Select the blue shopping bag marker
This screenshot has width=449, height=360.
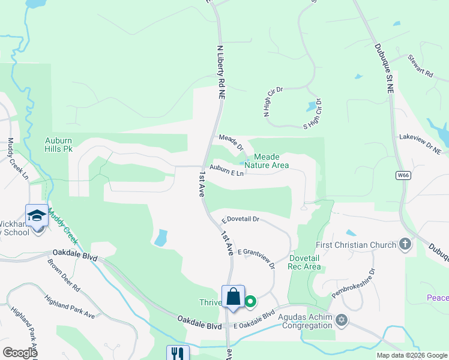pos(233,297)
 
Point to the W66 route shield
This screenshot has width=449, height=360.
pos(403,175)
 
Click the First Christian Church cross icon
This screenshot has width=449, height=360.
pos(406,244)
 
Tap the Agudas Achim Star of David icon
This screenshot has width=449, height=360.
pos(342,319)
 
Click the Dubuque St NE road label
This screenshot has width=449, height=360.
pos(383,67)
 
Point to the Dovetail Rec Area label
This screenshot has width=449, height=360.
pos(304,262)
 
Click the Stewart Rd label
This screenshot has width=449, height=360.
pos(420,67)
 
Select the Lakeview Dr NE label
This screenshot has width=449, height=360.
pos(420,145)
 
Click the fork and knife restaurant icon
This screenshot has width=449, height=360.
pos(178,353)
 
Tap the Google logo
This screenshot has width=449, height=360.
pos(19,353)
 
